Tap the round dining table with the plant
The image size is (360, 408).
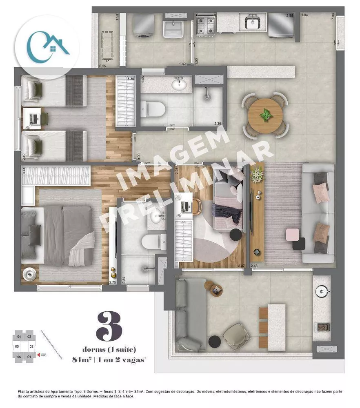pos(266,115)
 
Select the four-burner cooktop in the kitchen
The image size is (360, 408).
pos(206,24)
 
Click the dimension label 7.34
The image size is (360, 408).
pos(333,16)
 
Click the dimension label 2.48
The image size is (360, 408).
pos(254,266)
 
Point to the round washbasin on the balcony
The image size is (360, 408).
pos(322,291)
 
